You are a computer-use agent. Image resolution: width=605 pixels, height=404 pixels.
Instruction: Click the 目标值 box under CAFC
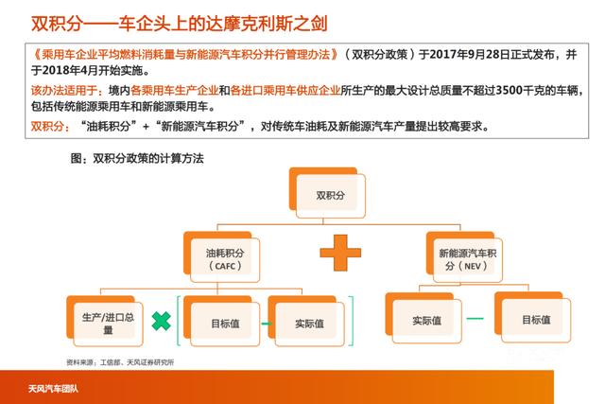(224, 323)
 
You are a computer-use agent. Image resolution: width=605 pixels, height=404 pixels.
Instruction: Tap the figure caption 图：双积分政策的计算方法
(138, 158)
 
